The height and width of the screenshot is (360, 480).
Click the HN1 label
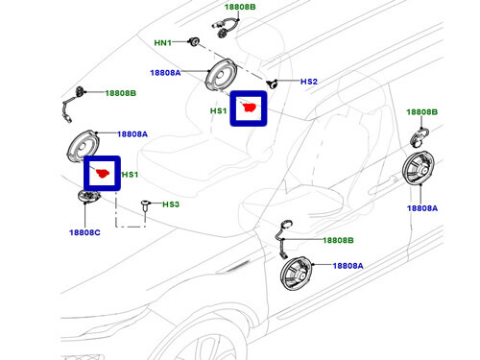164,43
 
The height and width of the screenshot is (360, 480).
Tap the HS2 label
308,83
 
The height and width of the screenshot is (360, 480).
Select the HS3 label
170,204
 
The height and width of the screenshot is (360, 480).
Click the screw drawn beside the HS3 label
145,204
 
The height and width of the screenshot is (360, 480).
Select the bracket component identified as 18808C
89,197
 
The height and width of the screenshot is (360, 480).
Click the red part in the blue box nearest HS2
250,108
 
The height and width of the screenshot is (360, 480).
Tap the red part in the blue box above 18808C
100,174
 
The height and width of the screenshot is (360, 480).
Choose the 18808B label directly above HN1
237,7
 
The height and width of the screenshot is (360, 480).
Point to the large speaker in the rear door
420,176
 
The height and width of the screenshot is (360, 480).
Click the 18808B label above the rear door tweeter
420,112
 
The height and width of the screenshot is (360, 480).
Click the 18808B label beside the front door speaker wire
337,240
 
